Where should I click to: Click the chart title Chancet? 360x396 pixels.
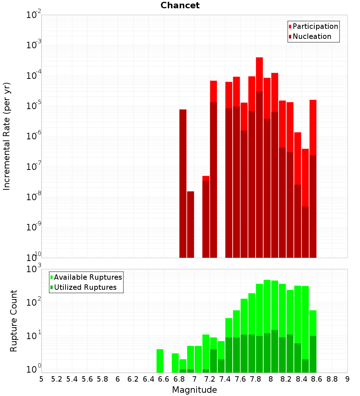pos(180,5)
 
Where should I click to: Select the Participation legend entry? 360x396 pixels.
pos(313,26)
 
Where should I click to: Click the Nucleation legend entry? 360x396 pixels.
pos(310,36)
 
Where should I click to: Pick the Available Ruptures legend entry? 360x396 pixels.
pos(86,277)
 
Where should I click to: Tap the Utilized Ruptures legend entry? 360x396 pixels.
pos(84,287)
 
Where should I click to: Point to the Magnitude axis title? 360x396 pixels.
pos(194,390)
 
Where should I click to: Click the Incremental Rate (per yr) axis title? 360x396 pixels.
pos(6,136)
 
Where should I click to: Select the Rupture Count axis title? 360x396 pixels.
pos(13,321)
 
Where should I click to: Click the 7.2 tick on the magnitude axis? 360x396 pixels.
pos(210,379)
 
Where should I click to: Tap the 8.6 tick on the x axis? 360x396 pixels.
pos(317,379)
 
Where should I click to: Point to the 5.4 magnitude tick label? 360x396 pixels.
pos(72,379)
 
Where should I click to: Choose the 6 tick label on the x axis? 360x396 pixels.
pos(118,379)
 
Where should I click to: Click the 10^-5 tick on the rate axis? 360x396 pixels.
pos(33,106)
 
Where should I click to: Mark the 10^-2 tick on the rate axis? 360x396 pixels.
pos(33,15)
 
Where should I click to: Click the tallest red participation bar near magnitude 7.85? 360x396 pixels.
pos(260,74)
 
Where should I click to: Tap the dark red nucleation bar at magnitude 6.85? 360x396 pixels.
pos(183,184)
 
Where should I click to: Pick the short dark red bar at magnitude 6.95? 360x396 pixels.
pos(190,225)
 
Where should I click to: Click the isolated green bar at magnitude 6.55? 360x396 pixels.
pos(160,361)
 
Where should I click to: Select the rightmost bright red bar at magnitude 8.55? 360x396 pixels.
pos(313,127)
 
